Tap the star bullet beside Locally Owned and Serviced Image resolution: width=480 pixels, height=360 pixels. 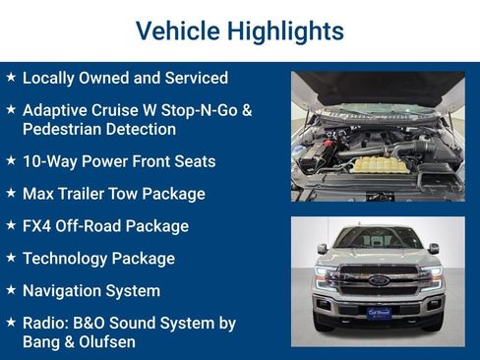coord(10,77)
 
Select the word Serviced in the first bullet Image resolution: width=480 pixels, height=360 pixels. coord(194,78)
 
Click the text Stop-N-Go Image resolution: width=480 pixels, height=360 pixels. coord(209,110)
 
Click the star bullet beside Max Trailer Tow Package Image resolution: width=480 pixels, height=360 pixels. coord(10,193)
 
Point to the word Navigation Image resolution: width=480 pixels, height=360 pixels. coord(65,291)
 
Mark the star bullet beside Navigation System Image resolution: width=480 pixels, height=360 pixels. coord(10,290)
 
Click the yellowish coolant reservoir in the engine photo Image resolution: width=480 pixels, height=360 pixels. coord(376,162)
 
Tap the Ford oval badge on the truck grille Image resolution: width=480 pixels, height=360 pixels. coord(378,280)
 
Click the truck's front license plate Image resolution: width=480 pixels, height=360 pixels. coord(379,313)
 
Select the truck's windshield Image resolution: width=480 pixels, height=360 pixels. coord(378,239)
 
